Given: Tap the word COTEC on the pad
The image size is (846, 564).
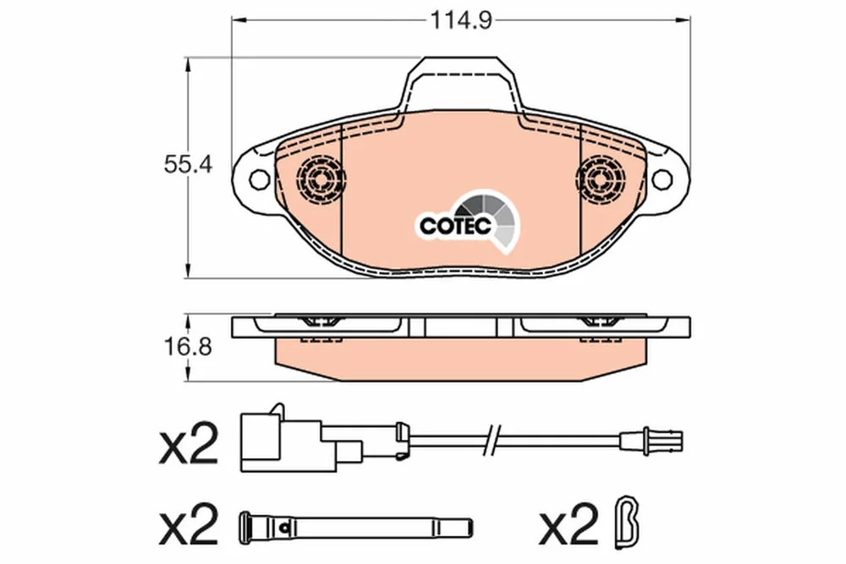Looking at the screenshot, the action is pos(455,226).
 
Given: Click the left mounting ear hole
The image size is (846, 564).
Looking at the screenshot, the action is pos(260,178).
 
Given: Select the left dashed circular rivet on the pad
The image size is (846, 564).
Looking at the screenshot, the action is pos(321,178).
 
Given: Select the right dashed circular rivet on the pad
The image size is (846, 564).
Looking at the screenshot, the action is pos(600,178).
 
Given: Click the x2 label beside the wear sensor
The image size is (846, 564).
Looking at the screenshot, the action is pos(189,444).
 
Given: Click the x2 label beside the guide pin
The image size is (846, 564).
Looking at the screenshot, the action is pos(189,524).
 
